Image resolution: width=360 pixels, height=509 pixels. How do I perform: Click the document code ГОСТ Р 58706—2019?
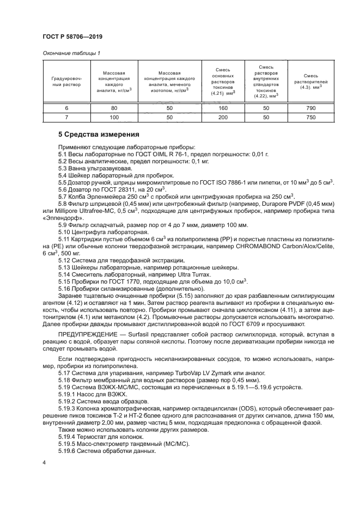72,36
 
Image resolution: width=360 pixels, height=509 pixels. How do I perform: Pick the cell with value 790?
311,109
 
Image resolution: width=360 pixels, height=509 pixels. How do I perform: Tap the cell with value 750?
311,117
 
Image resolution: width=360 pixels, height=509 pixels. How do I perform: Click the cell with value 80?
114,109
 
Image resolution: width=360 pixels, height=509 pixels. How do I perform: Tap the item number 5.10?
66,232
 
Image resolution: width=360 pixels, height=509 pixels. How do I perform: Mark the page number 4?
44,462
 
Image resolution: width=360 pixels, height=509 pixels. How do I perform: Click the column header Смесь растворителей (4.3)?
311,82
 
